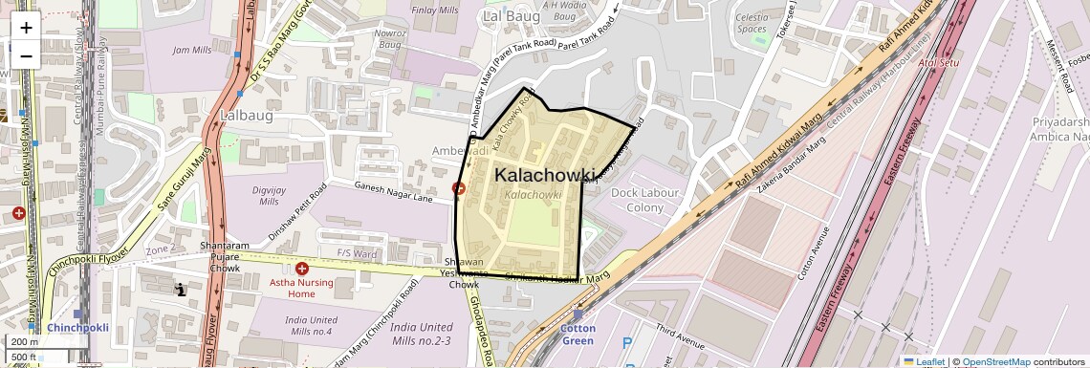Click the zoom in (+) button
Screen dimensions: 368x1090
[26, 27]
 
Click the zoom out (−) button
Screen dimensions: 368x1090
[26, 55]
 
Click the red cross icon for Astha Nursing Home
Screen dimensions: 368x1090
[302, 270]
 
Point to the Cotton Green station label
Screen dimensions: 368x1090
[578, 335]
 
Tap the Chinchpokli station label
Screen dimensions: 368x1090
[77, 328]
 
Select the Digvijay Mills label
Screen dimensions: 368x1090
[265, 195]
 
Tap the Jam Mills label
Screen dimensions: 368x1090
[191, 50]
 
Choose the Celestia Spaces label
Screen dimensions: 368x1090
[752, 23]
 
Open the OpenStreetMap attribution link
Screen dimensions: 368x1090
[995, 362]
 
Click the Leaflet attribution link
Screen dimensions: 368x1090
[925, 362]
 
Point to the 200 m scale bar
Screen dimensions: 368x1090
[25, 341]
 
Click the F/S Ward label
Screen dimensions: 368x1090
[357, 253]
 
